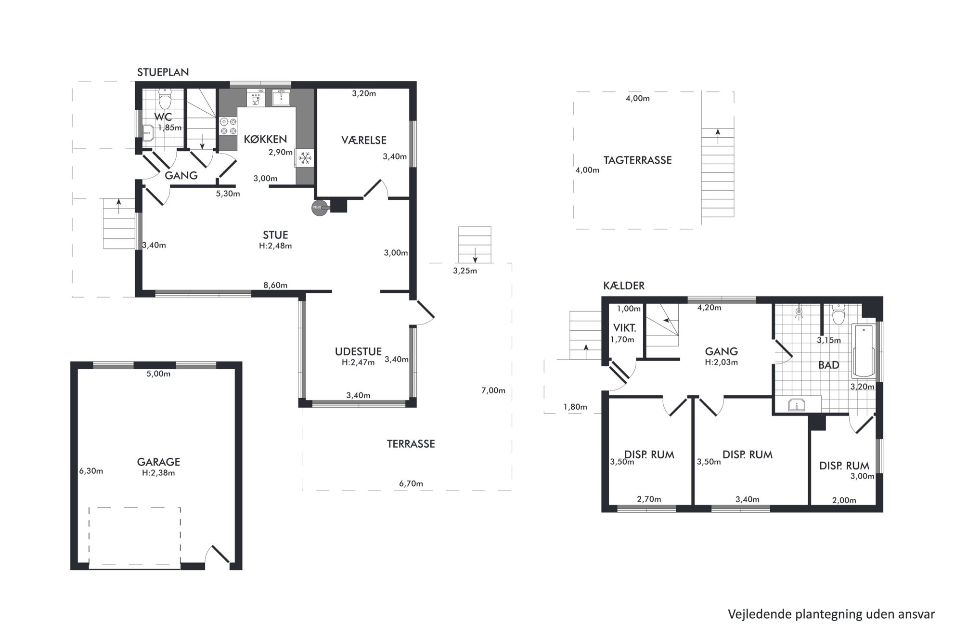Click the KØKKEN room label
[x=265, y=140]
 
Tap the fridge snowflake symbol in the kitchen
[x=304, y=157]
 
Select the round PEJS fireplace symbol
[x=319, y=207]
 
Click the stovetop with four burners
[x=228, y=126]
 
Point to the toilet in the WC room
[x=165, y=99]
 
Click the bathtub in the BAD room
[x=864, y=351]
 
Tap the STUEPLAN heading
[x=163, y=72]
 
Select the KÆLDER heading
[x=624, y=286]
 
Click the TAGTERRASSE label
[x=637, y=160]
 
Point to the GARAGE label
[x=158, y=462]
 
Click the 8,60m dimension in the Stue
[x=275, y=285]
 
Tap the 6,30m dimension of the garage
[x=91, y=471]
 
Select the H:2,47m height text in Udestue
[x=358, y=363]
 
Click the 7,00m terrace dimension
[x=493, y=390]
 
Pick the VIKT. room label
[x=625, y=328]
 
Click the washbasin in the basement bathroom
[x=797, y=405]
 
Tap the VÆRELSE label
[x=364, y=140]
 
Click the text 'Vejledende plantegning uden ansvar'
[x=831, y=614]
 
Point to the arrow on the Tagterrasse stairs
[x=718, y=136]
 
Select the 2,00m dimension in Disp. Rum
[x=844, y=500]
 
